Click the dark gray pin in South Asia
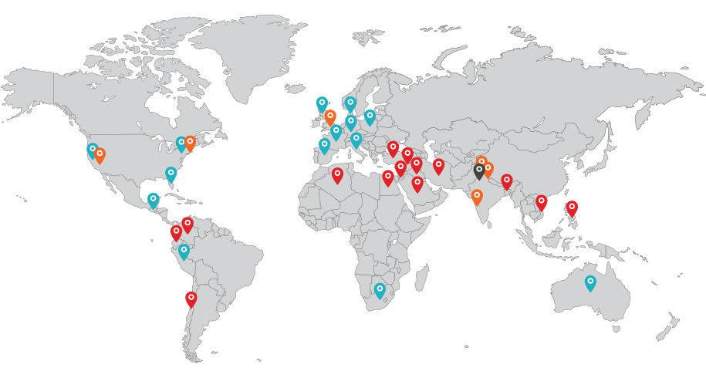(479, 170)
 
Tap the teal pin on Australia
(590, 282)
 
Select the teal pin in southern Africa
(380, 289)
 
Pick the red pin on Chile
(191, 299)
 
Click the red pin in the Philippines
(572, 208)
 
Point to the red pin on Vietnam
(542, 202)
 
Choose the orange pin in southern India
(477, 196)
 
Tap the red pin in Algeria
(337, 175)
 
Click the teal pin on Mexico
(153, 200)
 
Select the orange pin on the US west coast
(100, 155)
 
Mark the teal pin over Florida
(171, 174)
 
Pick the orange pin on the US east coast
(190, 143)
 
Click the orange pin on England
(330, 116)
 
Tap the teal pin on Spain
(324, 145)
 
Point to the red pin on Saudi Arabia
(417, 184)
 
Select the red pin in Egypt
(388, 177)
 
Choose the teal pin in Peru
(184, 251)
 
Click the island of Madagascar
(421, 277)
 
